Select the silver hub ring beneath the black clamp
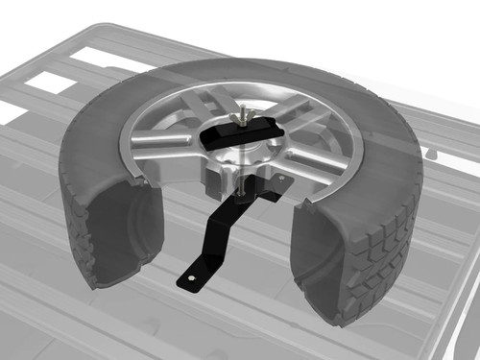235,154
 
